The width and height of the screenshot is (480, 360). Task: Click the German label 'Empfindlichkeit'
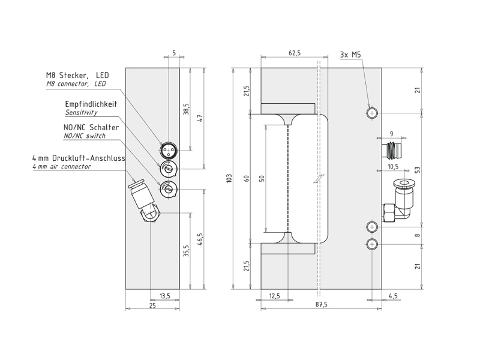coord(91,104)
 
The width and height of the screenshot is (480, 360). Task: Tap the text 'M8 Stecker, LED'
coord(77,76)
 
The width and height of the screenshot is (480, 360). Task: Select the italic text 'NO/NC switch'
coord(84,136)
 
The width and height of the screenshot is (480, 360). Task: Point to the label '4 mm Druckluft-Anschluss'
coord(78,158)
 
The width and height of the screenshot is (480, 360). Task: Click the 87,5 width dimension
coord(321,304)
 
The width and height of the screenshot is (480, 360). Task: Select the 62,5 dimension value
coord(295,53)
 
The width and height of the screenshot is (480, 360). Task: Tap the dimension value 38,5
coord(187,110)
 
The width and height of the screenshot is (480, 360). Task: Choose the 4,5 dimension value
coord(394,295)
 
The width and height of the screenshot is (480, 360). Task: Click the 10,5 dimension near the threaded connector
coord(393,167)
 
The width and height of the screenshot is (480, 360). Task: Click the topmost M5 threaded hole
coord(373,113)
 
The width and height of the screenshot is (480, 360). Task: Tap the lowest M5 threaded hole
coord(373,244)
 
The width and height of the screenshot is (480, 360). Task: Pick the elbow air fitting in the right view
coord(400,201)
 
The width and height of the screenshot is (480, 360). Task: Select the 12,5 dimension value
coord(275,295)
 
